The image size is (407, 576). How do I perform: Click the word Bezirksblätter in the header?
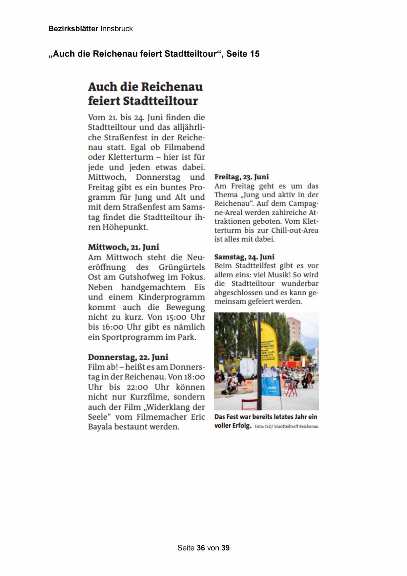pyautogui.click(x=73, y=29)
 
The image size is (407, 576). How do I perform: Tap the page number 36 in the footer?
pyautogui.click(x=201, y=548)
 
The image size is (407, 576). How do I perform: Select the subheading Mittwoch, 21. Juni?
pyautogui.click(x=123, y=247)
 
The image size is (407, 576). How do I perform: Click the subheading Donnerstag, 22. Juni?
pyautogui.click(x=128, y=357)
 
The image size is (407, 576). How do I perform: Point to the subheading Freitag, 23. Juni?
pyautogui.click(x=241, y=177)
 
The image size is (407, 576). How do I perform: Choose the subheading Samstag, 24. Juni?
pyautogui.click(x=244, y=257)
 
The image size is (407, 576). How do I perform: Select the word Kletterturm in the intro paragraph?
pyautogui.click(x=130, y=157)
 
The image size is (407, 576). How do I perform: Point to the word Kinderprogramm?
pyautogui.click(x=171, y=297)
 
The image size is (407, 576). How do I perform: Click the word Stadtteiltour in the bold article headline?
pyautogui.click(x=160, y=101)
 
